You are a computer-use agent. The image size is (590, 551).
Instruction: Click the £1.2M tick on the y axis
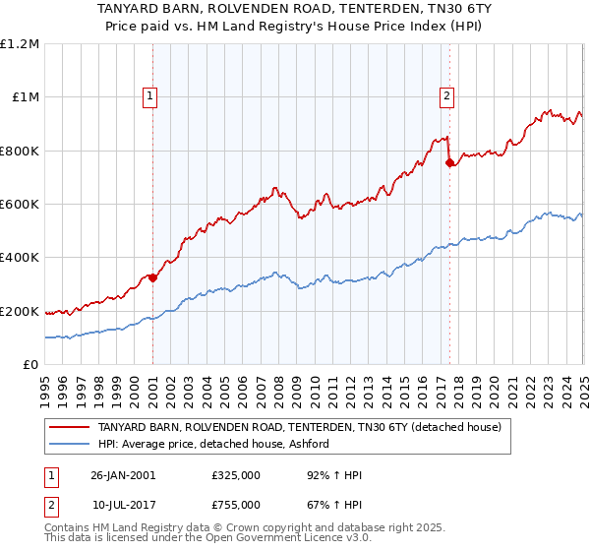tap(20, 43)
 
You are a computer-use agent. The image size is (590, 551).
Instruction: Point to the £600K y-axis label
tap(19, 204)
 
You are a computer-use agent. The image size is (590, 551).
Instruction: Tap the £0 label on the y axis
tap(31, 364)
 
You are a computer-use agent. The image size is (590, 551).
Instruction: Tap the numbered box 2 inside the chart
tap(446, 95)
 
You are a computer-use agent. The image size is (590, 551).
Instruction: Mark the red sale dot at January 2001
tap(153, 277)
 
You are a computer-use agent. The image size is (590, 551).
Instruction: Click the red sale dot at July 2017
tap(449, 163)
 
